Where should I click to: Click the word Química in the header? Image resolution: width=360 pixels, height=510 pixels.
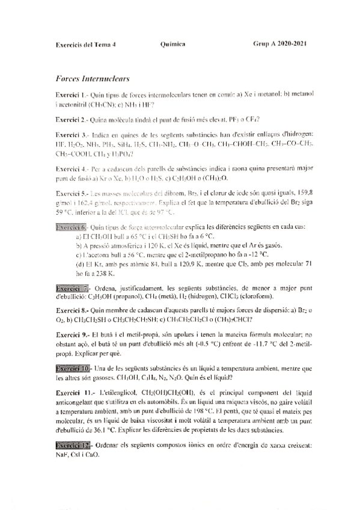click(x=173, y=45)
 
